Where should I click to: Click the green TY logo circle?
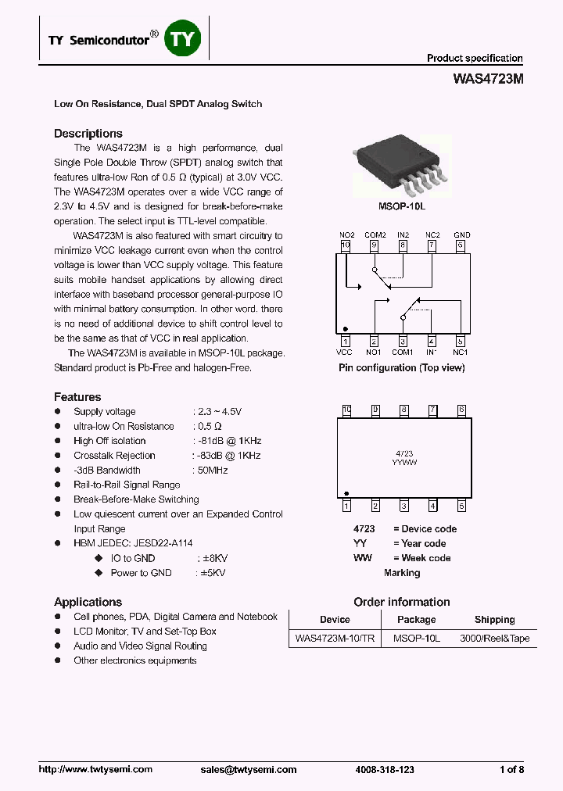183,38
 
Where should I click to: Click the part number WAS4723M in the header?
488,79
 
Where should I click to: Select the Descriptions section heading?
88,134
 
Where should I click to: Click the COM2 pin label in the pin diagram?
375,235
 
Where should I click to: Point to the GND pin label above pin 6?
461,235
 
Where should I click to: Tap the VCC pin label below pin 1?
345,353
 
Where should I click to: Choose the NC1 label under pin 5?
461,353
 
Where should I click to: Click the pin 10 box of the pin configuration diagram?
346,245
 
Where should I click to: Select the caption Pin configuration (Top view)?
401,367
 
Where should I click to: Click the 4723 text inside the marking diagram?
404,453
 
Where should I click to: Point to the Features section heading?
77,397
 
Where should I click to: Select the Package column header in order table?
416,620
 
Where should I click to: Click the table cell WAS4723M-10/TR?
335,639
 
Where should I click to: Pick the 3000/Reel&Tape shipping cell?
494,639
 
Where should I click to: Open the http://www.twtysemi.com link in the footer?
95,770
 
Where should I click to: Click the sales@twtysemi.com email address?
249,770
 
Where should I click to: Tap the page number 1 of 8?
511,770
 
